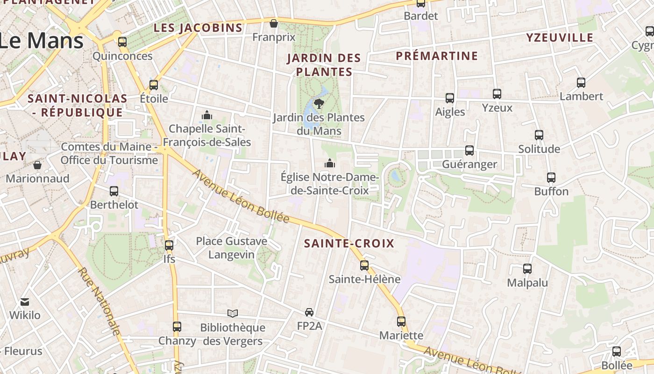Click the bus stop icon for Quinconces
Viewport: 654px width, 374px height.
(x=122, y=42)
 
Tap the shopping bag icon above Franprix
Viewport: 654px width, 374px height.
(x=274, y=23)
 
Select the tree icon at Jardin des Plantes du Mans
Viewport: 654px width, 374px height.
(x=320, y=103)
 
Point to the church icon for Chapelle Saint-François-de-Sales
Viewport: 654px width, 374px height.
(x=207, y=115)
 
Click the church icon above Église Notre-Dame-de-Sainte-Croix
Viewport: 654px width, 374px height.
(x=330, y=164)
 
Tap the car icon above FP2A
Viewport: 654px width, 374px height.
(x=309, y=312)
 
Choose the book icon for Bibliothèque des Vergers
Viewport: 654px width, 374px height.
(x=233, y=313)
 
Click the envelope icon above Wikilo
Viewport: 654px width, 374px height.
(x=25, y=302)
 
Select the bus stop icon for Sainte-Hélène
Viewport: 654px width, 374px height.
(x=364, y=266)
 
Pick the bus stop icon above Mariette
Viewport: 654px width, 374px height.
(x=401, y=322)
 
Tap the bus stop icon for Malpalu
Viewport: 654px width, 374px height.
(x=527, y=269)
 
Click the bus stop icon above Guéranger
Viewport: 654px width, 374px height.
(x=469, y=151)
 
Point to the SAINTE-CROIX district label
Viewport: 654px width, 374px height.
(x=349, y=244)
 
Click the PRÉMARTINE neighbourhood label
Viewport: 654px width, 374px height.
(x=437, y=56)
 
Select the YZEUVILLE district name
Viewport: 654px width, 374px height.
(x=560, y=38)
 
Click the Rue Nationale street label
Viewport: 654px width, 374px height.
(x=99, y=302)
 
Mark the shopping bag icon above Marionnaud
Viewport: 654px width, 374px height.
(x=37, y=165)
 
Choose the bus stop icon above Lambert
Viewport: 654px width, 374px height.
(x=581, y=83)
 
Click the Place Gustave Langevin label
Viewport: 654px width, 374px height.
(x=232, y=248)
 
